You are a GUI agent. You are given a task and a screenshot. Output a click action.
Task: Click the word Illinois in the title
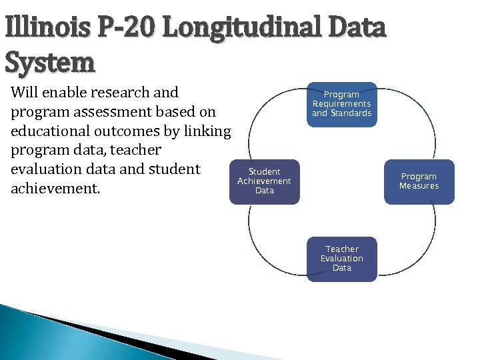pyautogui.click(x=47, y=28)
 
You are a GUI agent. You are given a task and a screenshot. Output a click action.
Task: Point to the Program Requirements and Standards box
pyautogui.click(x=341, y=104)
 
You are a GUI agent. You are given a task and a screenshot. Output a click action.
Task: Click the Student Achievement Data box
pyautogui.click(x=265, y=181)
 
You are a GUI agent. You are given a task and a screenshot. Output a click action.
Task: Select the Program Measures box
pyautogui.click(x=419, y=181)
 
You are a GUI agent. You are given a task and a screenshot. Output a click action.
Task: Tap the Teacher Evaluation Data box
pyautogui.click(x=341, y=259)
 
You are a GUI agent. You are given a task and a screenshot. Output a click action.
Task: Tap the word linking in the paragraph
pyautogui.click(x=207, y=131)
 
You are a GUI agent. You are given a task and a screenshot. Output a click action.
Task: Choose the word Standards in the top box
pyautogui.click(x=351, y=113)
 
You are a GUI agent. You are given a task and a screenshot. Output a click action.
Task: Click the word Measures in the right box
pyautogui.click(x=419, y=186)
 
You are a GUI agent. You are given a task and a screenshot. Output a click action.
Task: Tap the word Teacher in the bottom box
pyautogui.click(x=342, y=249)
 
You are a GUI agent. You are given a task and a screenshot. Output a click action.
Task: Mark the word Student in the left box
pyautogui.click(x=265, y=172)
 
